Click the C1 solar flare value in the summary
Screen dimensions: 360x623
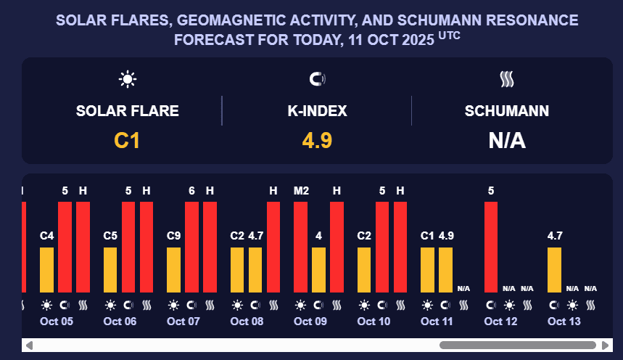[x=127, y=140]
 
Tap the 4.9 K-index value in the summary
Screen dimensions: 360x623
[x=317, y=140]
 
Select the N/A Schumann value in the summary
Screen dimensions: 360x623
[x=506, y=140]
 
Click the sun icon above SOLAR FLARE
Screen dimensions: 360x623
[x=128, y=79]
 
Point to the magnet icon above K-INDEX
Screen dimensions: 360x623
[x=317, y=79]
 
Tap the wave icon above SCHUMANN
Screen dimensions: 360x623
[x=506, y=79]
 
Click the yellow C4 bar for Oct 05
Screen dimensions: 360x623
[x=47, y=270]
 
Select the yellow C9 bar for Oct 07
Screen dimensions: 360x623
[x=174, y=270]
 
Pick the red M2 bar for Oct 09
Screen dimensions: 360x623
[x=301, y=247]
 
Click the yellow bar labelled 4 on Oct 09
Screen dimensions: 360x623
[x=319, y=270]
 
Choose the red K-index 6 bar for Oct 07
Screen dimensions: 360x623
[x=192, y=247]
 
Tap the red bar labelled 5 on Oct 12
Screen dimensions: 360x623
[x=491, y=247]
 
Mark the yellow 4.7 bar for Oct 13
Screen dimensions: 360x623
[x=555, y=270]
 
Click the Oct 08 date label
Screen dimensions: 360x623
[x=247, y=321]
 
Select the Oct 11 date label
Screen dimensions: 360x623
[x=437, y=321]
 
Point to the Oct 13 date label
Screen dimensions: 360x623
[x=564, y=321]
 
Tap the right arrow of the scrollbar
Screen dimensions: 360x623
[x=605, y=345]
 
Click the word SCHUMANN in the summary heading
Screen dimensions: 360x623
[x=506, y=111]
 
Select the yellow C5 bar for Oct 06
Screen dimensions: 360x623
[x=110, y=270]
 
